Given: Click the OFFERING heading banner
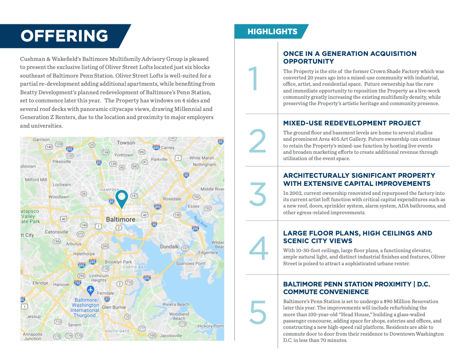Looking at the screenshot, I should point(65,36).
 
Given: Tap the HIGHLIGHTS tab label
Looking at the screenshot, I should point(272,32).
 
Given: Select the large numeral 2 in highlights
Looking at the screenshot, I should point(258,141).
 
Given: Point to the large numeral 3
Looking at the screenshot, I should point(258,194).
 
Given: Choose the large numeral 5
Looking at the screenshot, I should point(258,312).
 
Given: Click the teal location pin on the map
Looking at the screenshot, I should point(121,198).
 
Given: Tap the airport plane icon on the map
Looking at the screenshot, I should point(90,289).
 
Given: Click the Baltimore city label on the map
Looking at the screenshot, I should point(121,219).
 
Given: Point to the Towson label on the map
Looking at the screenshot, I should point(126,143).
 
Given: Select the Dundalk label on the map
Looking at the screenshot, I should point(170,247).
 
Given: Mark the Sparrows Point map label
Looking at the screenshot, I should point(191,263).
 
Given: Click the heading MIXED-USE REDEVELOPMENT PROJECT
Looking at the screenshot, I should point(352,123).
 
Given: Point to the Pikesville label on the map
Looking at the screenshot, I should point(61,161).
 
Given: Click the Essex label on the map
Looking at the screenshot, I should point(193,206).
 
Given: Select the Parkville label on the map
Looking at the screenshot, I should point(159,159).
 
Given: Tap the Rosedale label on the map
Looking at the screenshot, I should point(172,198).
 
